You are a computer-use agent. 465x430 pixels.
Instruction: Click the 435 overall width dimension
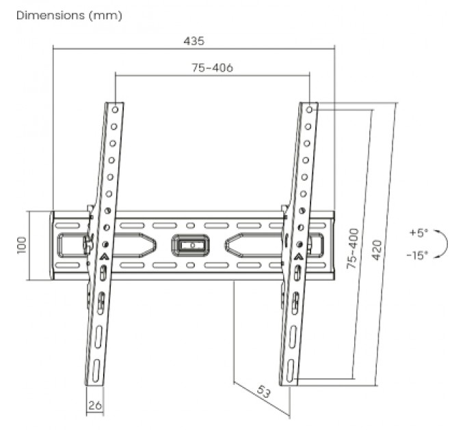(194, 41)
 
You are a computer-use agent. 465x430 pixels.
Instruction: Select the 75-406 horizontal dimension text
(213, 68)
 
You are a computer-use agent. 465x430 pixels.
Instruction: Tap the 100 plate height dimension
(22, 245)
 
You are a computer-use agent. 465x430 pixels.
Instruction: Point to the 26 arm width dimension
(95, 405)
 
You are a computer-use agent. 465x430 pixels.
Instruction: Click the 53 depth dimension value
(264, 392)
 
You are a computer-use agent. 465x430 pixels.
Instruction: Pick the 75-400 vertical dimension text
(352, 248)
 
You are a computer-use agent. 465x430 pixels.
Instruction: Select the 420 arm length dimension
(377, 250)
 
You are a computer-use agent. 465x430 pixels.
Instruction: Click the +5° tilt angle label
(418, 233)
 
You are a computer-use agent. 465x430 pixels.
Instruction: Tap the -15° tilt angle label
(418, 255)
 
